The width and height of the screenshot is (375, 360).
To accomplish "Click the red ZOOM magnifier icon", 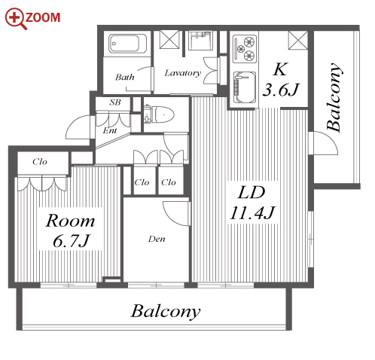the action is point(16,19).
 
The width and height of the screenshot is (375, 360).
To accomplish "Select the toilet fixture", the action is point(159,114).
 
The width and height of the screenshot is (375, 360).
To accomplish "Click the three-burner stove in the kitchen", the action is point(245,49).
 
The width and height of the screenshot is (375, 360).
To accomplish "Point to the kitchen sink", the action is point(245,87).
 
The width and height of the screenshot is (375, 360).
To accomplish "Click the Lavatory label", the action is point(183,73).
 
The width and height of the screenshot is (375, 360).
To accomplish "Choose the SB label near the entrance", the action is point(115,102).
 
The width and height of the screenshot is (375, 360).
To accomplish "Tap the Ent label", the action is point(110,130).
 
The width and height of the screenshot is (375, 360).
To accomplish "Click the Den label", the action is point(157,239).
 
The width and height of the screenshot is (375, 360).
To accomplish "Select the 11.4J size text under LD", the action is point(252,212).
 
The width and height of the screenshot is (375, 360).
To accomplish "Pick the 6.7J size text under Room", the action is point(71,241).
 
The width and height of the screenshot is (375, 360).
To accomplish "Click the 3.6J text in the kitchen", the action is point(281,90).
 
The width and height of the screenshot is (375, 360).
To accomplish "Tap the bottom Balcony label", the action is point(166,311).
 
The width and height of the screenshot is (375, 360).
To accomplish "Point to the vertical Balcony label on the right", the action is point(334,97).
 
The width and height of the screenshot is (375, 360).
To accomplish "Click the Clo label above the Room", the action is point(40,162).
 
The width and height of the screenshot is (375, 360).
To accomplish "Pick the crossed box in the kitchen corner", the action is point(298,40).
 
